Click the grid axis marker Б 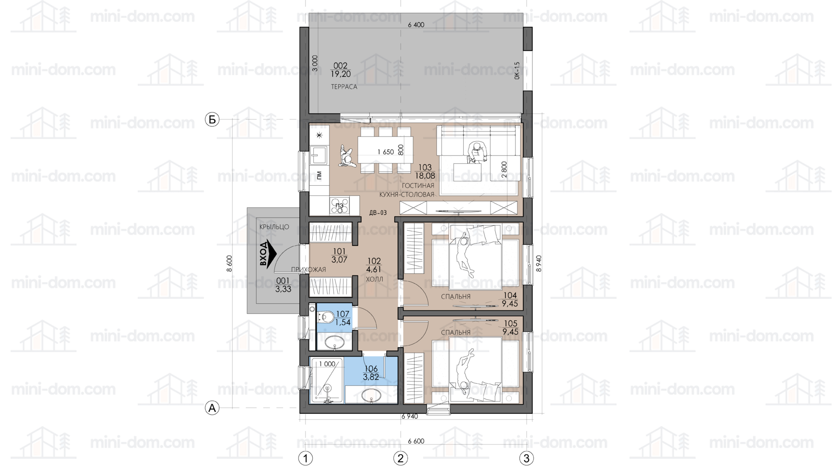click(x=212, y=119)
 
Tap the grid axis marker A click(x=212, y=408)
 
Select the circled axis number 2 click(x=400, y=458)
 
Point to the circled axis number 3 click(x=526, y=458)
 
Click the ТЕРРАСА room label click(x=344, y=87)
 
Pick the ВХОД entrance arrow click(x=267, y=253)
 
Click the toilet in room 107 click(x=326, y=317)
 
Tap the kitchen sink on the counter click(x=319, y=155)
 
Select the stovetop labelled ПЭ click(x=340, y=206)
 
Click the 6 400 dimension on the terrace click(x=416, y=25)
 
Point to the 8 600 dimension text click(x=230, y=263)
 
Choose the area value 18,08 click(x=424, y=176)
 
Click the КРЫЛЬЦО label click(x=274, y=227)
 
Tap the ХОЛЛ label click(x=374, y=279)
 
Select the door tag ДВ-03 click(x=378, y=213)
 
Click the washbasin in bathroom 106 click(x=371, y=395)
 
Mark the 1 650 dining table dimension click(x=385, y=152)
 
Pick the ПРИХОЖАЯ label click(x=308, y=269)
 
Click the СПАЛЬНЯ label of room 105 click(x=455, y=332)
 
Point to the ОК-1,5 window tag click(x=517, y=71)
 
